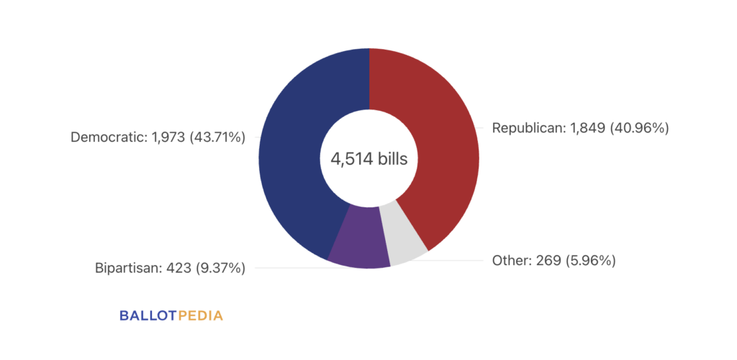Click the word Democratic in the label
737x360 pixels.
pyautogui.click(x=108, y=138)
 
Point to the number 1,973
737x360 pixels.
pyautogui.click(x=167, y=138)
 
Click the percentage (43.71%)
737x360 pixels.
pyautogui.click(x=217, y=138)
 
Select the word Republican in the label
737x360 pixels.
pyautogui.click(x=528, y=128)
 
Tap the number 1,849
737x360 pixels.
pyautogui.click(x=587, y=128)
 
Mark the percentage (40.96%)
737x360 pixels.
pyautogui.click(x=639, y=128)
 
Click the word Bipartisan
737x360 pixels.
pyautogui.click(x=127, y=269)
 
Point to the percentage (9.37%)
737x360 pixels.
pyautogui.click(x=220, y=269)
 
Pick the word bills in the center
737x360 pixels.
pyautogui.click(x=392, y=159)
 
